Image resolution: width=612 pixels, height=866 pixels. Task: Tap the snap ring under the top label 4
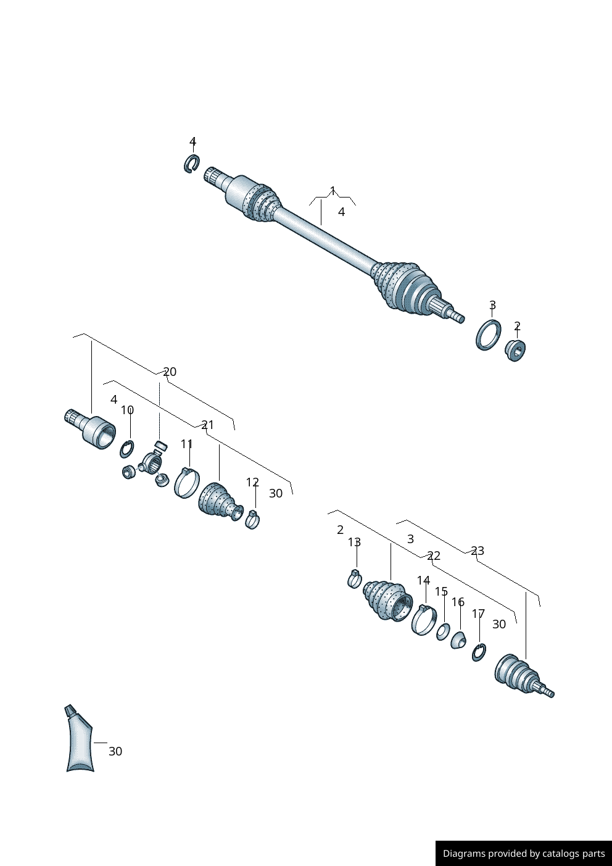point(191,164)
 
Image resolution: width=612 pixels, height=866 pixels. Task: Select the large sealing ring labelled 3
point(488,335)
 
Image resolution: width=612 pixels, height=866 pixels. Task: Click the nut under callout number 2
point(515,350)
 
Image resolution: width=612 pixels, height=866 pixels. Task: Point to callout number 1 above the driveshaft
point(333,191)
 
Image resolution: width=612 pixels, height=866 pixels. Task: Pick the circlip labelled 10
point(127,449)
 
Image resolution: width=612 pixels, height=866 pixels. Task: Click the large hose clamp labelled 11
point(187,483)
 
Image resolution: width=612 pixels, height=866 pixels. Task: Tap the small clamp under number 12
point(252,520)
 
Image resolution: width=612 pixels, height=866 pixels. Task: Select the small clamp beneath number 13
point(354,579)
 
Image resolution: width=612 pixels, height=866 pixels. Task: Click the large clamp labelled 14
point(424,620)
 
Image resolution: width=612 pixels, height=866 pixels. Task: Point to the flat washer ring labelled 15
point(443,631)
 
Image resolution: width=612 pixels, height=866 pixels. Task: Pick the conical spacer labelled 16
point(458,641)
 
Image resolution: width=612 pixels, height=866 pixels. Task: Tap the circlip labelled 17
point(479,652)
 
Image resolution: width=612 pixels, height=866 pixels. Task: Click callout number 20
point(170,372)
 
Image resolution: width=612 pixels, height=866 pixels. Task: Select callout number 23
point(478,551)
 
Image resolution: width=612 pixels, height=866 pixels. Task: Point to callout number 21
point(208,425)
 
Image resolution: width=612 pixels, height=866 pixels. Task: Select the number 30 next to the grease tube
point(115,751)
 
